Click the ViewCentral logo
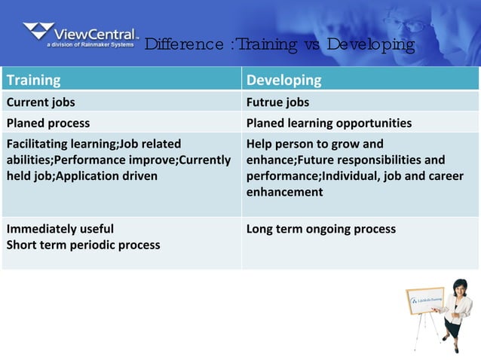pos(81,35)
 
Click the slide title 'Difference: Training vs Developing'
pos(279,44)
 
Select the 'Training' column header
pos(33,80)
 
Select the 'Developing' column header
pos(283,80)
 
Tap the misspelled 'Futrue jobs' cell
pos(277,102)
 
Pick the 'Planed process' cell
pos(48,122)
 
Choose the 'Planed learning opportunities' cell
pos(329,122)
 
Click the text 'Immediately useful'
pos(60,228)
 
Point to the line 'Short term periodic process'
pos(83,244)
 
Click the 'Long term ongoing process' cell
pos(320,228)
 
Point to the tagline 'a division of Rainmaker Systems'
pos(90,44)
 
